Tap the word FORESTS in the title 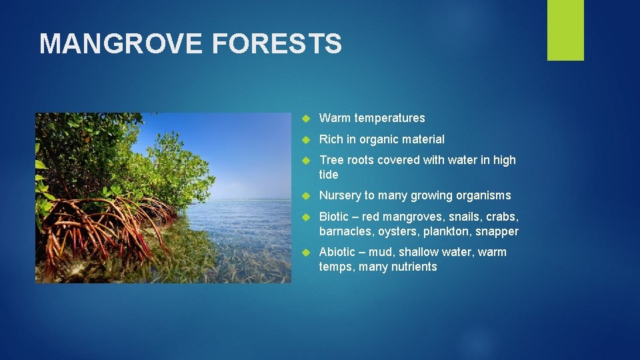click(277, 44)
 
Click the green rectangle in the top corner click(565, 30)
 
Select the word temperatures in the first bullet click(389, 118)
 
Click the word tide click(329, 175)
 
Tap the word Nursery click(340, 195)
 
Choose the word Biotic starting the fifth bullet click(335, 217)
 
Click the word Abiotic click(338, 252)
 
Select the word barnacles click(346, 231)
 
